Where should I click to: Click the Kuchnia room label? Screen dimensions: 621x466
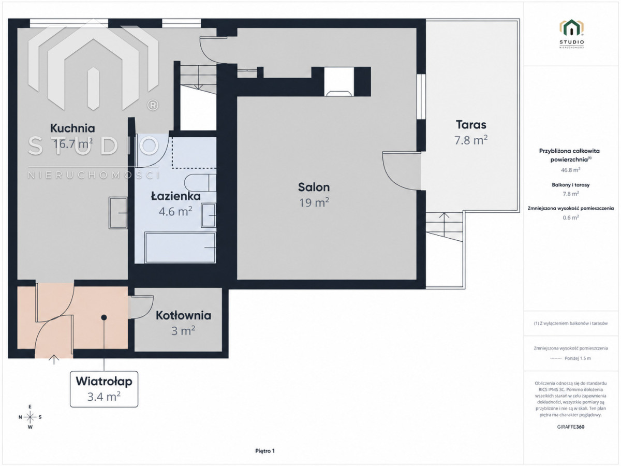(x=72, y=128)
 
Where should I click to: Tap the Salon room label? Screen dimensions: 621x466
(x=314, y=187)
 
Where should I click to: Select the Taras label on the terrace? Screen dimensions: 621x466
(x=471, y=125)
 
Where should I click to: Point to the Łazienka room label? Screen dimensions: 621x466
(x=175, y=196)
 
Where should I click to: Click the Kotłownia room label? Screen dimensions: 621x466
(x=183, y=315)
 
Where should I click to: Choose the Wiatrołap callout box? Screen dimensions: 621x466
(x=104, y=389)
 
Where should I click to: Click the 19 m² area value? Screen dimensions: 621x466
(x=314, y=202)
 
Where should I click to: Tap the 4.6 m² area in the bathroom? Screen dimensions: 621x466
(x=175, y=211)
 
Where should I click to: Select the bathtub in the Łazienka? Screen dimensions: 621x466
(x=180, y=247)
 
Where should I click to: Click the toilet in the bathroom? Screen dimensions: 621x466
(x=200, y=183)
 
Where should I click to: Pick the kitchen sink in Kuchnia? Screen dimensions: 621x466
(x=118, y=213)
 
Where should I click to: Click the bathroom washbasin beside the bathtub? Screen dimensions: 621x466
(x=209, y=215)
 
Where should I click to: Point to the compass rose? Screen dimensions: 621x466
(x=30, y=417)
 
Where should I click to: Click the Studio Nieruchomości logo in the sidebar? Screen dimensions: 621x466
(x=571, y=34)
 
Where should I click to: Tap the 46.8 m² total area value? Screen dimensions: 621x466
(x=571, y=170)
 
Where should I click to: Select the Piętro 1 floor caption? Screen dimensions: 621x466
(x=265, y=451)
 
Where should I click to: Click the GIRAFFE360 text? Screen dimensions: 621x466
(x=571, y=427)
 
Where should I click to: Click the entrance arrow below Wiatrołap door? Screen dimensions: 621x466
(x=54, y=360)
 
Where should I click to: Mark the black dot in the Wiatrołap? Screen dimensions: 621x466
(x=104, y=317)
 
